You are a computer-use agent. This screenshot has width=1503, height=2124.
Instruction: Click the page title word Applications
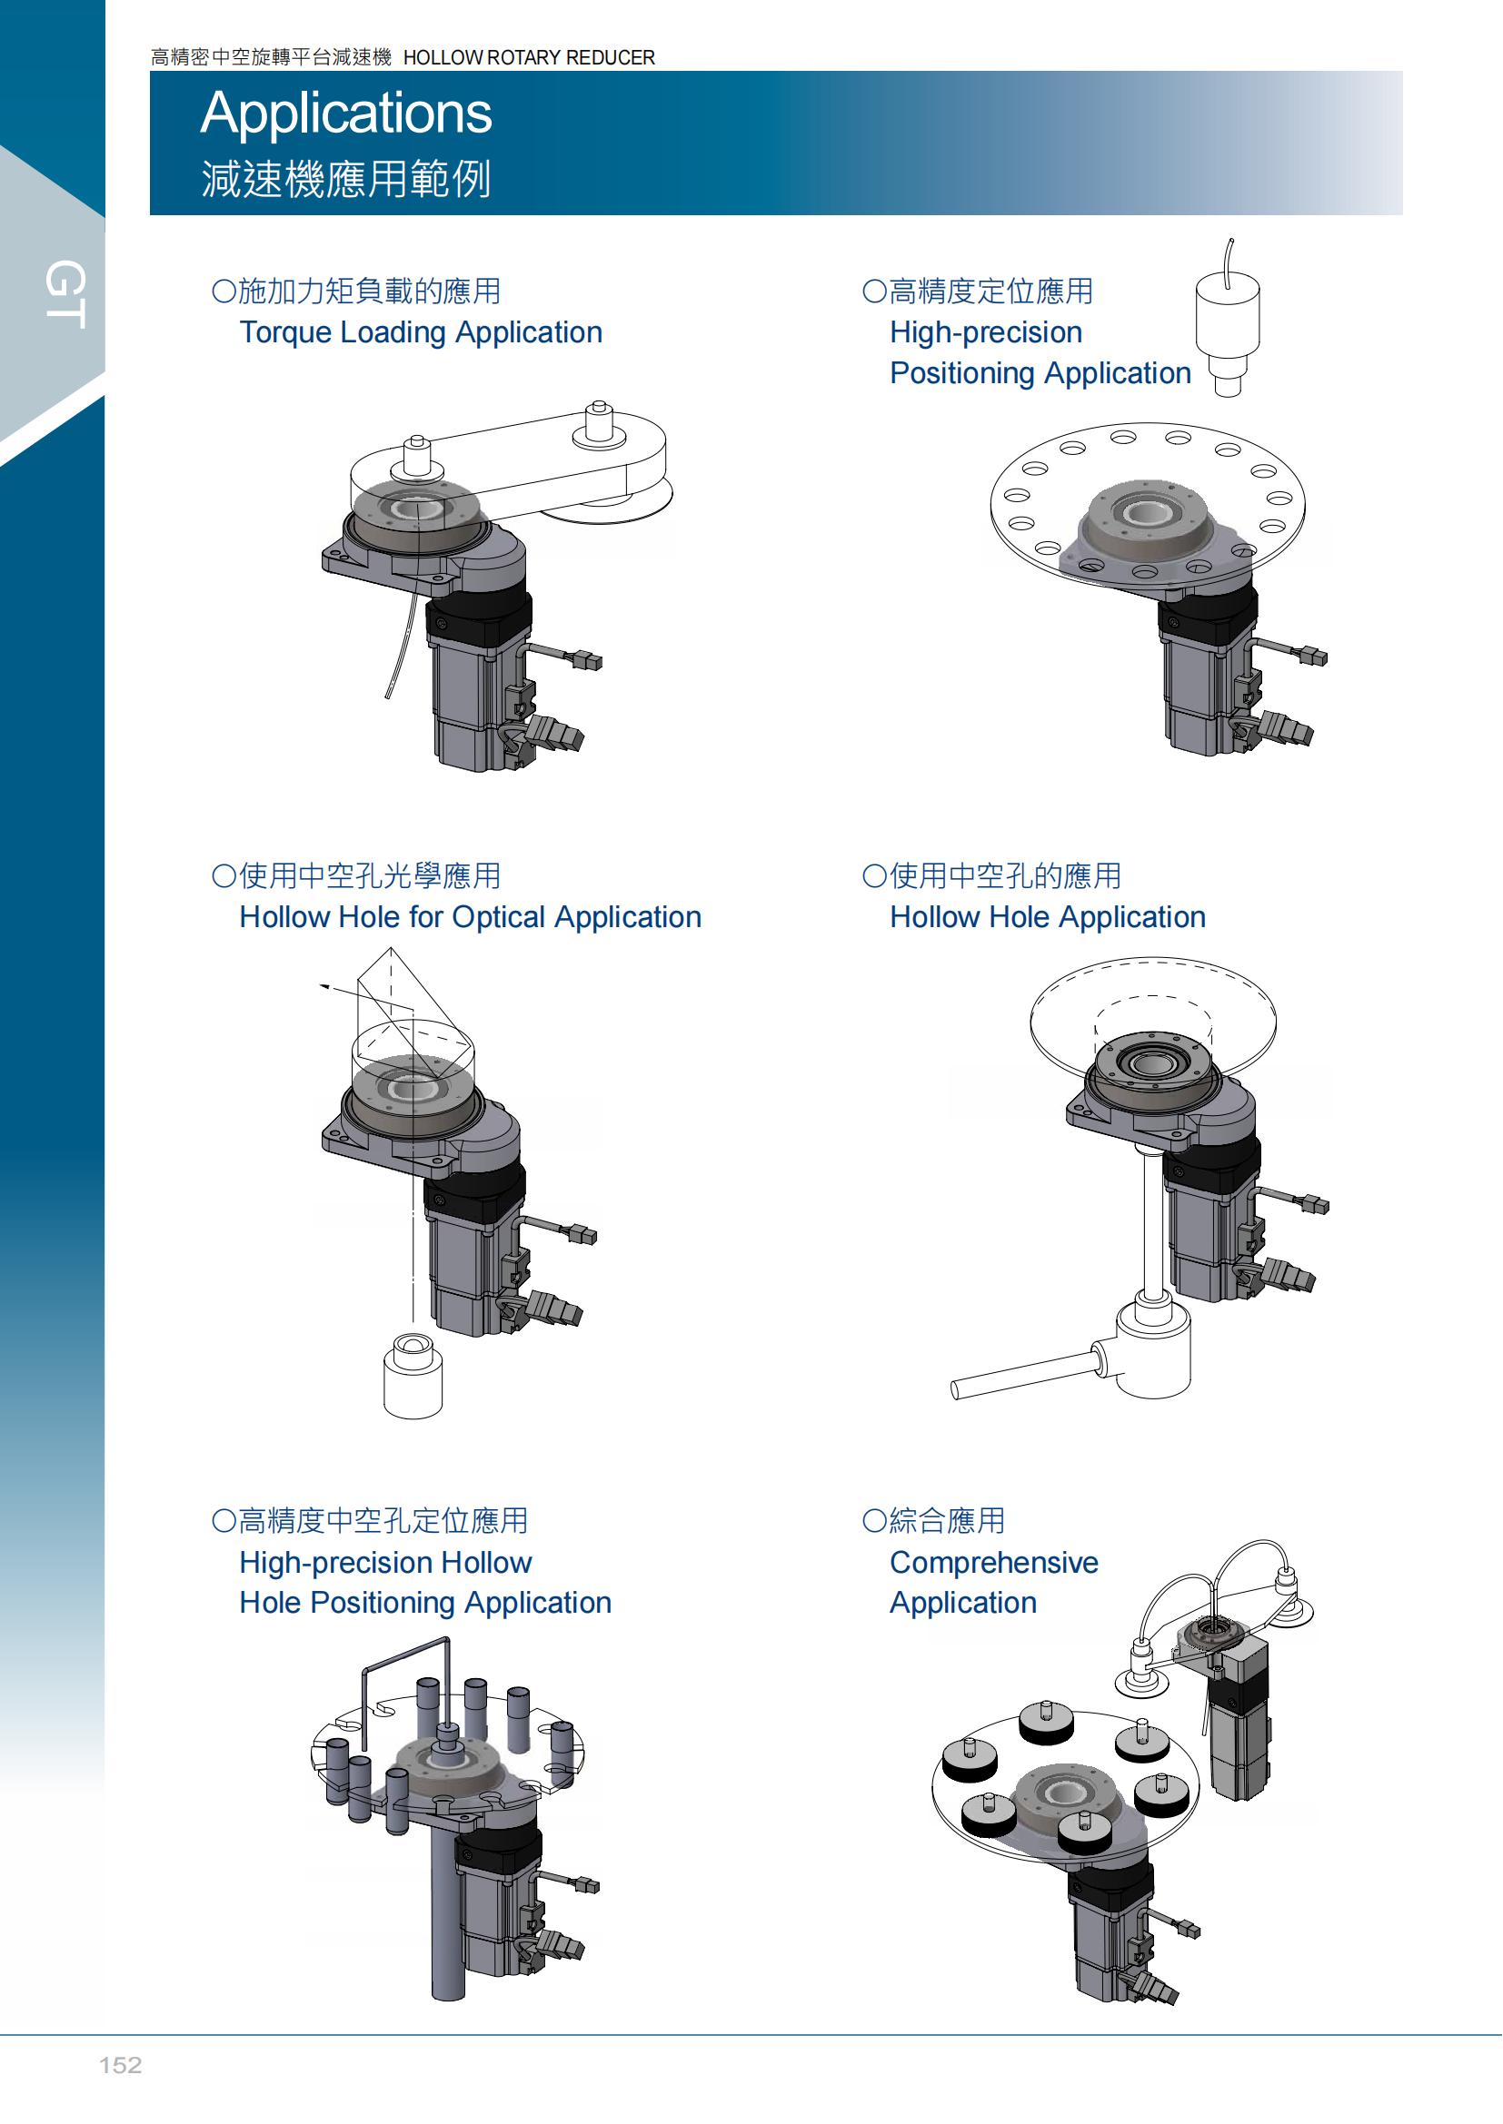(346, 113)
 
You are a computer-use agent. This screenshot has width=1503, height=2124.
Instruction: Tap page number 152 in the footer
(120, 2065)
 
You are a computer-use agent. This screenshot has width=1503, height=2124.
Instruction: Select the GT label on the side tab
(65, 294)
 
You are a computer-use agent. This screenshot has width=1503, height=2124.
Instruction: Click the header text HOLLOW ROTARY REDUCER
(529, 57)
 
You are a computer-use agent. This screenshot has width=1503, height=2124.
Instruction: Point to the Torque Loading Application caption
(420, 332)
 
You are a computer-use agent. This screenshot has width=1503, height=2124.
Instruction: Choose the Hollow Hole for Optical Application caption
(469, 917)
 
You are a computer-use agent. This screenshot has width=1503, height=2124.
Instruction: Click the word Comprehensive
(993, 1562)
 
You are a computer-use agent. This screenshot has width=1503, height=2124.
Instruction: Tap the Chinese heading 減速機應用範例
(346, 179)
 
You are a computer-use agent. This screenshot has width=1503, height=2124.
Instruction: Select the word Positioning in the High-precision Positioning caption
(961, 373)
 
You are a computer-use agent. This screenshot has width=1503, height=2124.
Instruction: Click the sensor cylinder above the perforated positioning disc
(1227, 319)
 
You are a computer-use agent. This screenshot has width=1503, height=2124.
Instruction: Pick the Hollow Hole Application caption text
(1047, 917)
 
